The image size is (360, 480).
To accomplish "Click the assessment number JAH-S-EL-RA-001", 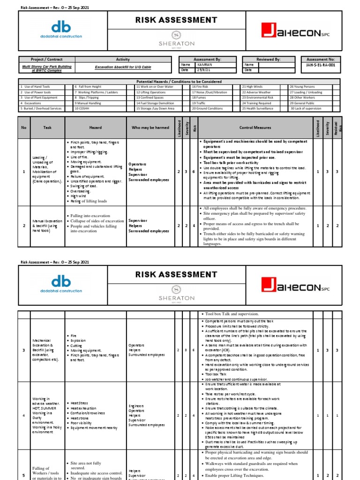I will tap(321, 65).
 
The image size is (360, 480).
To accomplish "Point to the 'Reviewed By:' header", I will tap(269, 60).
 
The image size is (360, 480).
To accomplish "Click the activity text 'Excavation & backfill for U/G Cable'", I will tap(122, 67).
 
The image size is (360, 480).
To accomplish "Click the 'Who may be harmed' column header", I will tap(150, 127).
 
